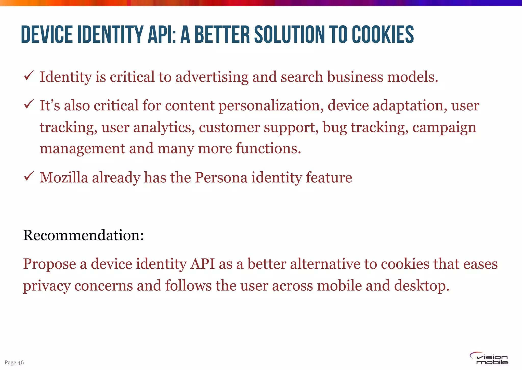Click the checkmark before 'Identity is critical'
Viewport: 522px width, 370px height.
pos(28,76)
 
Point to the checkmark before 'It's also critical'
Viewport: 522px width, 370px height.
pos(28,104)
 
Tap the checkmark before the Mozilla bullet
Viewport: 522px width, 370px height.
pos(28,176)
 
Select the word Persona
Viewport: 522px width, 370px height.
pos(221,177)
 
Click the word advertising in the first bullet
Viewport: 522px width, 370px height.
pos(212,77)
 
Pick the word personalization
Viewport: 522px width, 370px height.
pos(271,106)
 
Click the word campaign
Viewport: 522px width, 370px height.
pos(444,127)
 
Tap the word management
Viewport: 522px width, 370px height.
pos(82,149)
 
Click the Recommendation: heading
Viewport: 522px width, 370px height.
pos(83,235)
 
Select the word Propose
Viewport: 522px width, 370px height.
pos(49,264)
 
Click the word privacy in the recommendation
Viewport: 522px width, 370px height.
pos(47,286)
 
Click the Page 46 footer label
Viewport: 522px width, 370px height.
pos(14,362)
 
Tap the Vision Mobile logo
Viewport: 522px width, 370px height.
pos(489,359)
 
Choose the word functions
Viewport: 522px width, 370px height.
pos(268,148)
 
